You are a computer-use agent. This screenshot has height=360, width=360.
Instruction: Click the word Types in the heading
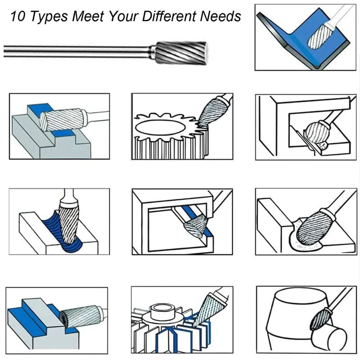(49, 17)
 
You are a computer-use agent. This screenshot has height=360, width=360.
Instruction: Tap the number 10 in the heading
(18, 17)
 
